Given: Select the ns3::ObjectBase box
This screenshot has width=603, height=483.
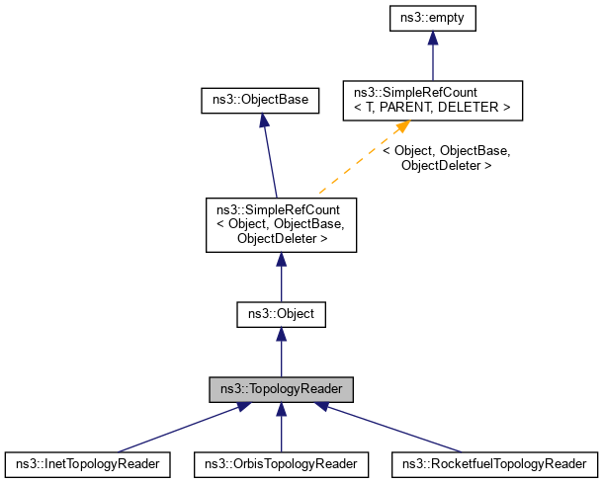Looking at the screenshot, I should pyautogui.click(x=259, y=99).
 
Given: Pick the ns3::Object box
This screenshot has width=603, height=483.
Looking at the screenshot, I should pyautogui.click(x=281, y=314).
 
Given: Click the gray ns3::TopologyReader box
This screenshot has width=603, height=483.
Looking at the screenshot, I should pyautogui.click(x=281, y=389).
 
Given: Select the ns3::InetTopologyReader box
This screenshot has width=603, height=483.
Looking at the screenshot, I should pyautogui.click(x=88, y=462).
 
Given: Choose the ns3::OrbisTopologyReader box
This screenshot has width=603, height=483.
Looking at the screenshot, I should pyautogui.click(x=281, y=462).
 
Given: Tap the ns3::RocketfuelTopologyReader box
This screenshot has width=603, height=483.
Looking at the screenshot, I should pyautogui.click(x=494, y=462).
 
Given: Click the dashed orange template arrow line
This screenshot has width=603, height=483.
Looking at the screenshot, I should pyautogui.click(x=356, y=164).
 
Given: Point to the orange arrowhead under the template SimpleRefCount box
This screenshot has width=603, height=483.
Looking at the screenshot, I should pyautogui.click(x=403, y=128).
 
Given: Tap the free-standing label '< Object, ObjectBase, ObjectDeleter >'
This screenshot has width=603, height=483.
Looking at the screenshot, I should pyautogui.click(x=445, y=158).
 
